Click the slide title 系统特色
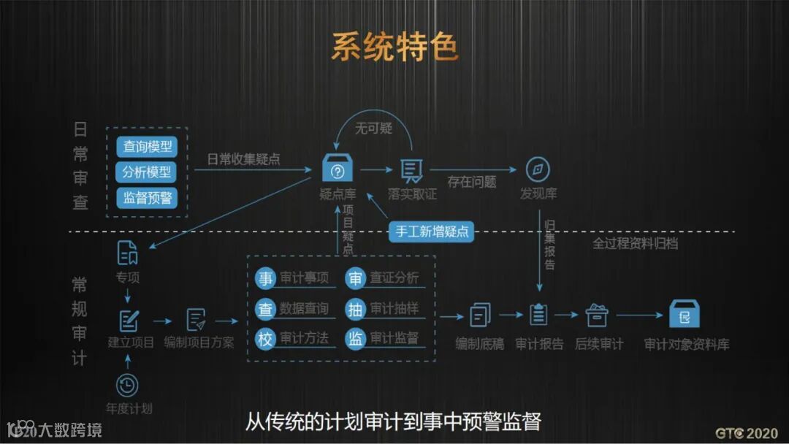pos(394,47)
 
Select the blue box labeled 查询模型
pos(147,147)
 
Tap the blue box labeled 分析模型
pos(147,172)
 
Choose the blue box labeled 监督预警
pos(147,198)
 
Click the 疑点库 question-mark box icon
pos(338,169)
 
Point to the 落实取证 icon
pos(412,170)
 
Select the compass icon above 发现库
pos(538,170)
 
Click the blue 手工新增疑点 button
pos(432,231)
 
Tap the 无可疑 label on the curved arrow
pos(373,129)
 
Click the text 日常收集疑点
pos(243,159)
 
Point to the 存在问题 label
pos(472,182)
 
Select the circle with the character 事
pos(265,278)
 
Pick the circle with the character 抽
pos(355,309)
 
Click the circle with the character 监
pos(355,338)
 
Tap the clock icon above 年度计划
pos(127,385)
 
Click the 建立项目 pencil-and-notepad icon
pos(129,320)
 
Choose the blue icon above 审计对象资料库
pos(685,315)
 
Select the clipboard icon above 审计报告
pos(538,315)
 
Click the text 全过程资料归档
pos(635,244)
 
